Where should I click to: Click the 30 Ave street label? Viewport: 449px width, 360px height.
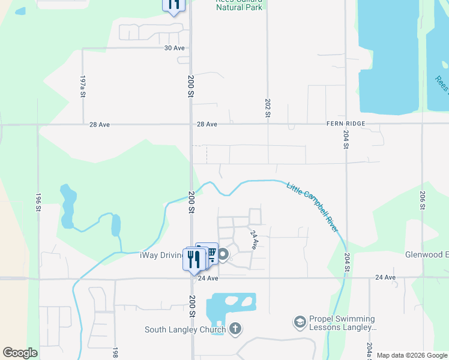174,48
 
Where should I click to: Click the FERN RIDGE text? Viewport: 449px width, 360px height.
345,124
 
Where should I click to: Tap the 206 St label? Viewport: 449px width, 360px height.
423,200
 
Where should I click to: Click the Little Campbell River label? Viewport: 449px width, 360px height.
312,208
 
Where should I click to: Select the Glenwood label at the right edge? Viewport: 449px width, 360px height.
426,254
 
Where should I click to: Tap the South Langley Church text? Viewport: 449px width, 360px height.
185,329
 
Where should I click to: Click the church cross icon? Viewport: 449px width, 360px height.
235,329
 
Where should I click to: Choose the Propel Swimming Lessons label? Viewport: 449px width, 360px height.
342,323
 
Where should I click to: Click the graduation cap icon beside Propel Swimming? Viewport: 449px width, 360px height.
300,323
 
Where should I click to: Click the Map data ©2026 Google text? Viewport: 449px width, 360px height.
412,355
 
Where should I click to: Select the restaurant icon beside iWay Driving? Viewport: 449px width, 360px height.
193,259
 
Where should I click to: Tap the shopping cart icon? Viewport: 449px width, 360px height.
210,254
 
